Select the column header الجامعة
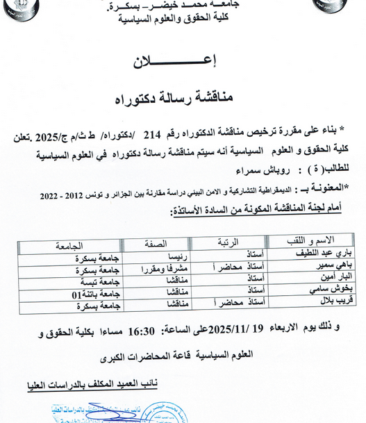pos(67,244)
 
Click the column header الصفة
pos(155,243)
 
